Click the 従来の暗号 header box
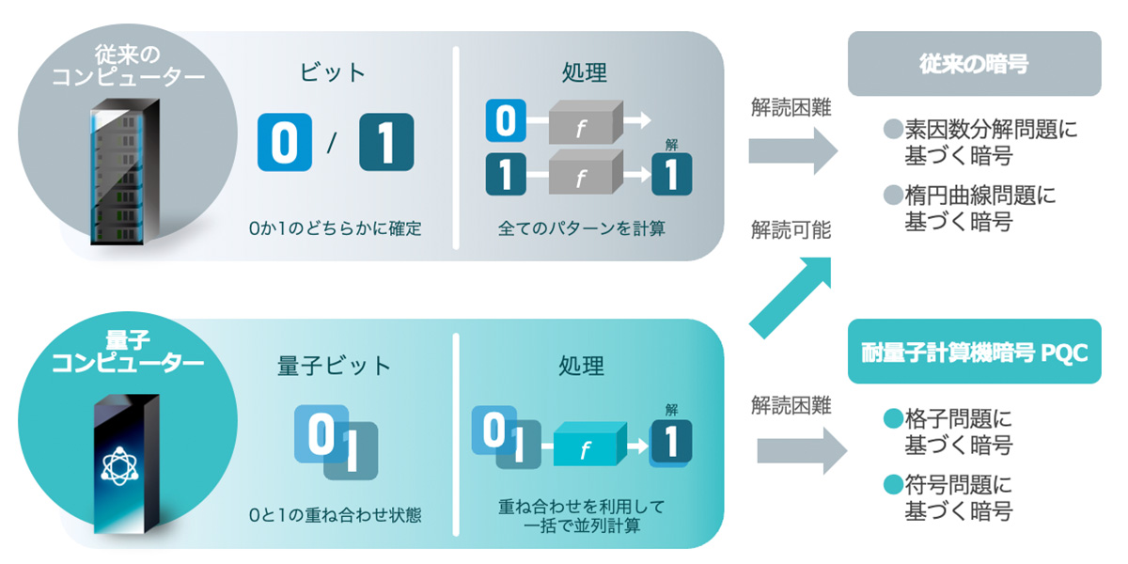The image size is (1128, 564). tap(974, 64)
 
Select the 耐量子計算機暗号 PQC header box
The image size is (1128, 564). tap(974, 352)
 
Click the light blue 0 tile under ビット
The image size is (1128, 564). tap(285, 142)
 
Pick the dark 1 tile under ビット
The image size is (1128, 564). tap(386, 142)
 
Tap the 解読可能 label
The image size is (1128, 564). tap(791, 229)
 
